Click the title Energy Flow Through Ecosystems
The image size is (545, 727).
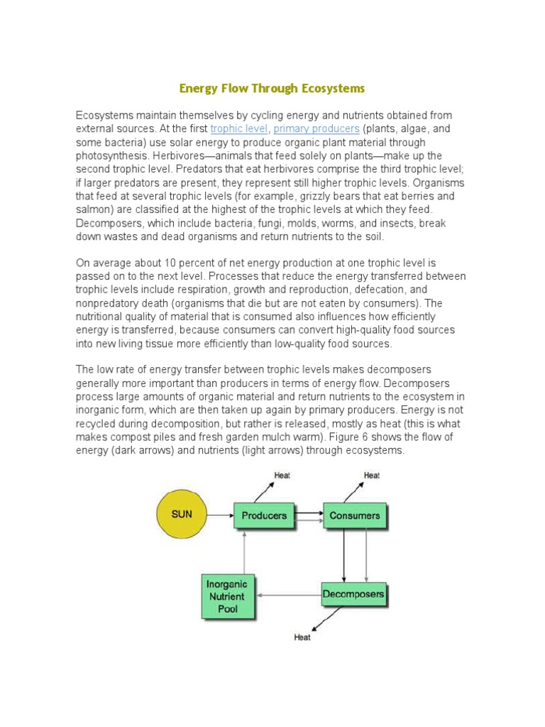(272, 89)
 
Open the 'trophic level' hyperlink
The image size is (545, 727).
(239, 129)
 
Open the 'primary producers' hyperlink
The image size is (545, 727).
(316, 129)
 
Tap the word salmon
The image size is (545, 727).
(94, 209)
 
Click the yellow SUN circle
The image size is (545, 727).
(182, 514)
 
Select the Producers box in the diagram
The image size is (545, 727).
(264, 515)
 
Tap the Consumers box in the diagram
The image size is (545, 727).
(355, 515)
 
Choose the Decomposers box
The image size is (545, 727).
(353, 594)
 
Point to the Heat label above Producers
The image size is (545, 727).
(282, 476)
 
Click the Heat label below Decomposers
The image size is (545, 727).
(302, 637)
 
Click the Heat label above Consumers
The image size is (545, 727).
(371, 476)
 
